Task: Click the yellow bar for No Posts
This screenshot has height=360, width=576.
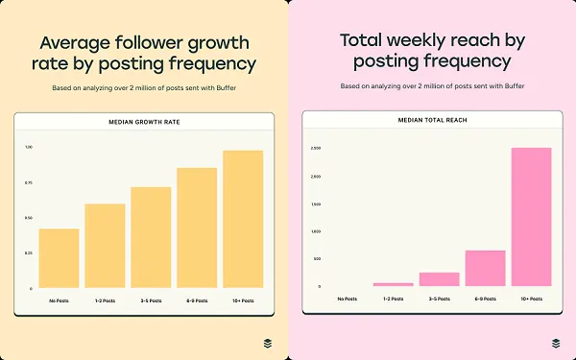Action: (59, 258)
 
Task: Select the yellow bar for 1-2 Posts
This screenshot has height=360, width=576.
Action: (105, 246)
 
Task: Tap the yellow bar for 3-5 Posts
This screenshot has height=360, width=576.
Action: (151, 237)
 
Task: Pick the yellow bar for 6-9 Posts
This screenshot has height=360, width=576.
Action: (197, 228)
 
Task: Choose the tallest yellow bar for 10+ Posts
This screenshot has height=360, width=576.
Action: (243, 219)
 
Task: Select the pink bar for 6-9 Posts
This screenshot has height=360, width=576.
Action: (485, 268)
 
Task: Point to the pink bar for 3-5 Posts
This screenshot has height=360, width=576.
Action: (439, 279)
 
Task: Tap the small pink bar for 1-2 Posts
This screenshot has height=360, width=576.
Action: (393, 284)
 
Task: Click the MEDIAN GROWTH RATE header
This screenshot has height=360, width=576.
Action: (144, 122)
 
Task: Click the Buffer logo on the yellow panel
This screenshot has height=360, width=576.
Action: (269, 343)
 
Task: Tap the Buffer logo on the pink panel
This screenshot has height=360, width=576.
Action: (557, 343)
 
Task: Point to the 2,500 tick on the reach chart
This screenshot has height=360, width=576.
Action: (316, 148)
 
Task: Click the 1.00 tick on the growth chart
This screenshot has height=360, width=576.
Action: (29, 147)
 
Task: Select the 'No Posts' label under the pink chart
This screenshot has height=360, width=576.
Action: (347, 300)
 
